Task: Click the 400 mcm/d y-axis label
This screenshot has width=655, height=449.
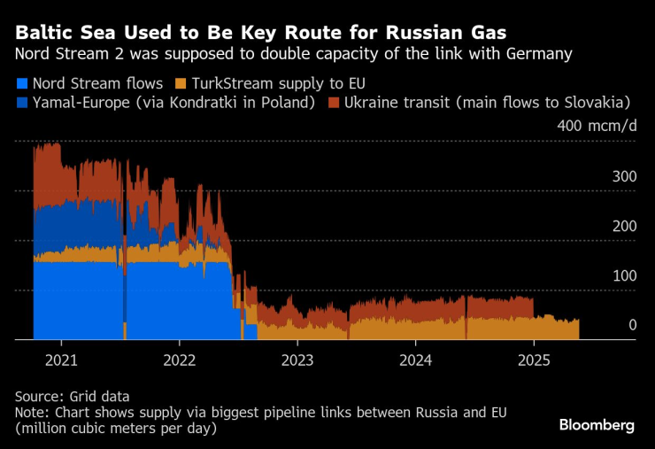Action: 597,125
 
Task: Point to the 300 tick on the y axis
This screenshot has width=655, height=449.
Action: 624,177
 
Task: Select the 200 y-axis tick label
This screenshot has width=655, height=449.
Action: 624,227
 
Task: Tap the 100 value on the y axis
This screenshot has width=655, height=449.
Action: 624,276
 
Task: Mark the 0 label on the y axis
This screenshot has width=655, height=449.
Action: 632,326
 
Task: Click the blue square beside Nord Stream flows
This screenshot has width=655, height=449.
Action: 21,84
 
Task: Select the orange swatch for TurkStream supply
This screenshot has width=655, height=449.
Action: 179,84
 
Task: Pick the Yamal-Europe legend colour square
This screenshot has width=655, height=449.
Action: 21,104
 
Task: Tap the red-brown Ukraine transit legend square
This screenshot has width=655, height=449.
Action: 334,104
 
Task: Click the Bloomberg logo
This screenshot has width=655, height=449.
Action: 597,425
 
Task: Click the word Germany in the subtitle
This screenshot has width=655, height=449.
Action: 534,55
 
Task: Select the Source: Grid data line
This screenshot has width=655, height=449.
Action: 72,397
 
